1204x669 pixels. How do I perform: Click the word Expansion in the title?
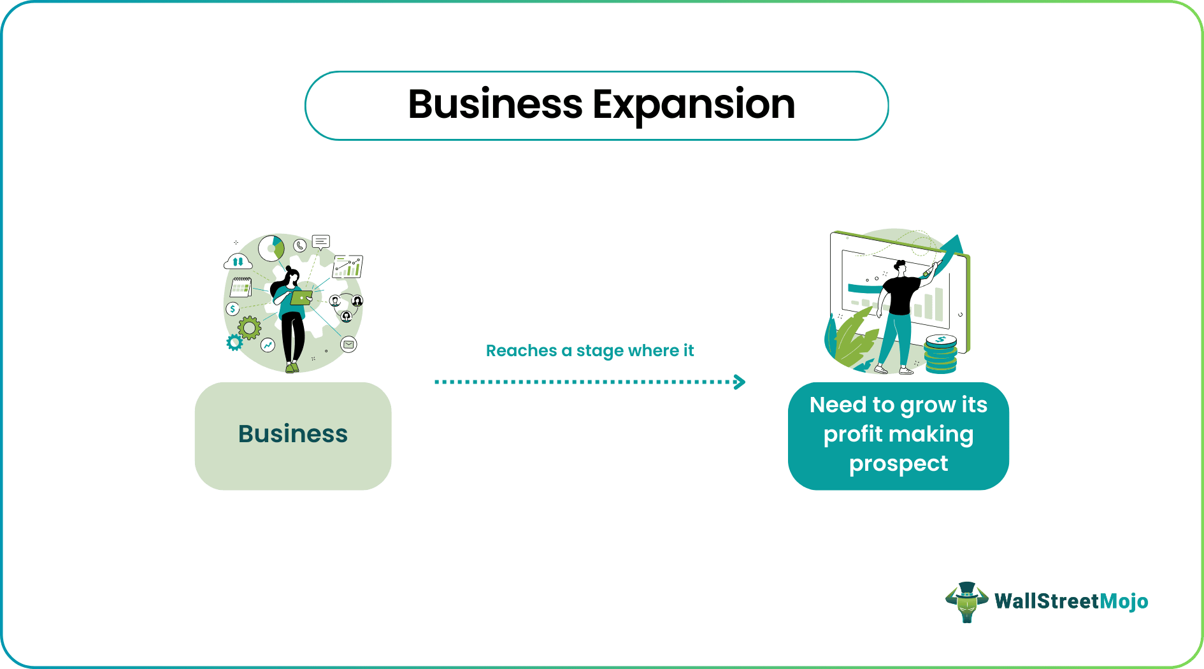(694, 105)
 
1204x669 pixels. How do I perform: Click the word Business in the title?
(495, 104)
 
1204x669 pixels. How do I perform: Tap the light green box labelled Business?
(293, 436)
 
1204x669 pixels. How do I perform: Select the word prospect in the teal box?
(898, 464)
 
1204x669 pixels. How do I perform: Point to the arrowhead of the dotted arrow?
(740, 382)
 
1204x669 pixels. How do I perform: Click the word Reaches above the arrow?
(521, 350)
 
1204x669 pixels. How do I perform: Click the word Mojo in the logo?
(1124, 601)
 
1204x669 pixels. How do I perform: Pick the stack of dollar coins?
(941, 354)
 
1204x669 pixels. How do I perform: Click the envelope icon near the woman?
(348, 345)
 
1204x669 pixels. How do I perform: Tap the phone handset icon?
(300, 245)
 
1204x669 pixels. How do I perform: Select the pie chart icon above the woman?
(271, 248)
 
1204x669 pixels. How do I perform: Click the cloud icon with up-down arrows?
(238, 261)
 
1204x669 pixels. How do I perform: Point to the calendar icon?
(241, 287)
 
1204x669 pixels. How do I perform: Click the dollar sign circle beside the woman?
(233, 309)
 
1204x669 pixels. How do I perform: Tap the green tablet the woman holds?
(302, 298)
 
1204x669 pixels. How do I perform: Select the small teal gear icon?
(234, 343)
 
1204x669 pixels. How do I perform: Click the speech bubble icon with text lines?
(321, 242)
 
